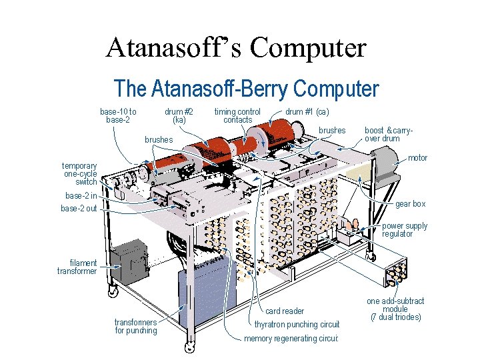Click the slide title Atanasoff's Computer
coord(236,48)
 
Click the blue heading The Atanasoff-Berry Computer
coord(247,89)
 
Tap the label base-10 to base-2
coord(118,116)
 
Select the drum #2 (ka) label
coord(179,116)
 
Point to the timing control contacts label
coord(237,116)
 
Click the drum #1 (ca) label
coord(307,111)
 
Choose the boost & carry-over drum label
coord(389,135)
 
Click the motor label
coord(417,158)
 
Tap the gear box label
coord(410,204)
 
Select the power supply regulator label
coord(405,230)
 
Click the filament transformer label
coord(77,267)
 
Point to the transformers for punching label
coord(136,327)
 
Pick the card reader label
coord(285,311)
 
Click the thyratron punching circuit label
coord(297,325)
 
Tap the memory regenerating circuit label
coord(292,339)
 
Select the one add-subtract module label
coord(395,309)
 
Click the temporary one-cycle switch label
coord(79,173)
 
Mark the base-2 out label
coord(79,209)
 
